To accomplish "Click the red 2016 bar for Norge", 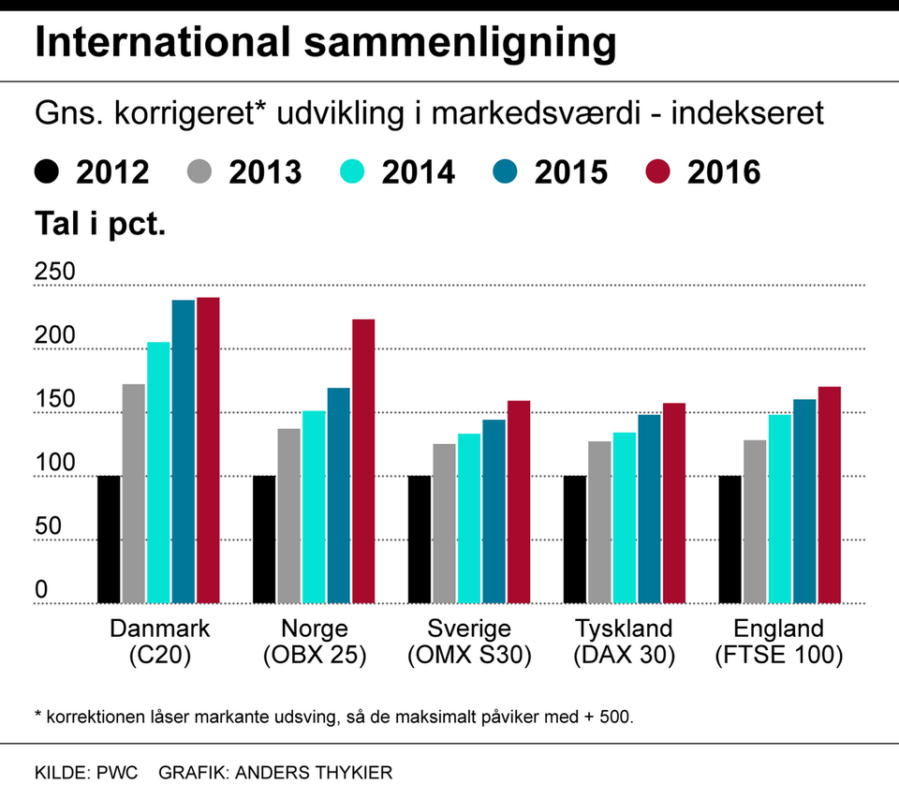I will [x=362, y=461].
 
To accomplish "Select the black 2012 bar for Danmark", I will [x=109, y=539].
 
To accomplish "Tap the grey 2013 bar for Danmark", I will [x=134, y=493].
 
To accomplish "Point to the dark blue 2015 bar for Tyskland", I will [x=650, y=509].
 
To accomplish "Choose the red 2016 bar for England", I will [x=830, y=495].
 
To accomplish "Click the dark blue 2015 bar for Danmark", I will [x=184, y=451].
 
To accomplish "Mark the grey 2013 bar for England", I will [x=755, y=521].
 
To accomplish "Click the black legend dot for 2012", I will [x=47, y=172].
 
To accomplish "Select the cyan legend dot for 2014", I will [x=352, y=172].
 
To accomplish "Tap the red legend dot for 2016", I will [x=660, y=172].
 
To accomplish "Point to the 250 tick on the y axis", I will [x=54, y=273].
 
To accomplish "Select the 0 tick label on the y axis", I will [x=41, y=590].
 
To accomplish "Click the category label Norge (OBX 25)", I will [x=314, y=642].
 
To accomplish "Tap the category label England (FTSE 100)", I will [x=778, y=642].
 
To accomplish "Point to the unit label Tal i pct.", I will [x=100, y=225].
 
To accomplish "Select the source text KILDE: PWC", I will [x=86, y=773].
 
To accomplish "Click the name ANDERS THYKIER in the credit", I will [x=314, y=773].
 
